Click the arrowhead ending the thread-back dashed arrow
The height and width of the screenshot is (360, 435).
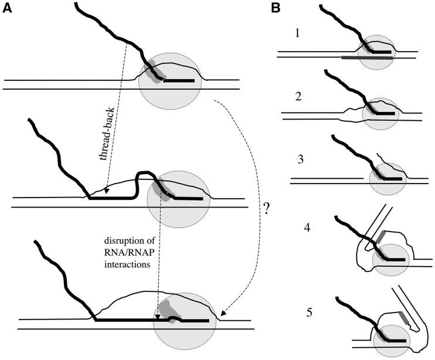(106, 191)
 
